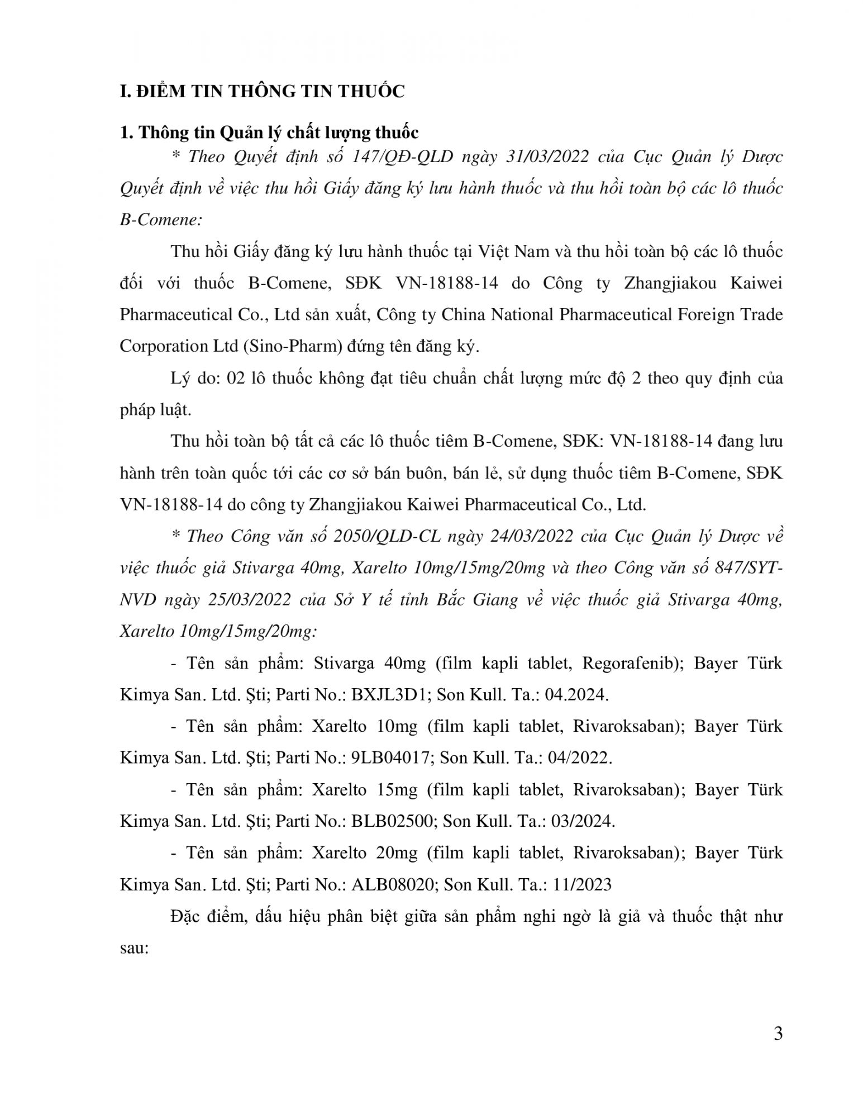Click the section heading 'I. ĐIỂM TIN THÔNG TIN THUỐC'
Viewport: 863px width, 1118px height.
click(262, 92)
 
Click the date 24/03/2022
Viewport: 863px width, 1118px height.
click(531, 537)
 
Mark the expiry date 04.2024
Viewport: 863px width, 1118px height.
click(579, 695)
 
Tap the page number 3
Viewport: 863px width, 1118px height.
click(778, 1034)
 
